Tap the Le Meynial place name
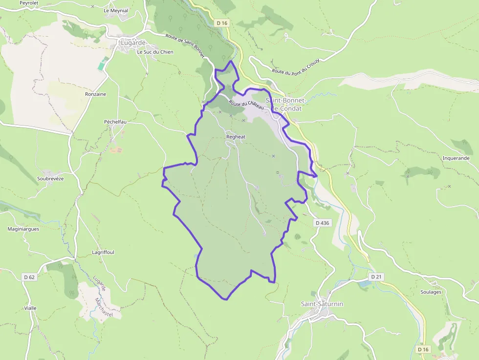(x=116, y=10)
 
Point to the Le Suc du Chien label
(x=155, y=52)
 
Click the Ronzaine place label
(x=95, y=94)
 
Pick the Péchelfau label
(x=115, y=122)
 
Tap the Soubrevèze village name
(x=50, y=178)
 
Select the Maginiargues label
(x=23, y=228)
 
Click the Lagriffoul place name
(x=103, y=252)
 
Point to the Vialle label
(x=30, y=308)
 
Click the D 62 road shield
(x=29, y=277)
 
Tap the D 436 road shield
(x=323, y=222)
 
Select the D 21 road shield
(x=376, y=276)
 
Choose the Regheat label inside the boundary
(x=236, y=137)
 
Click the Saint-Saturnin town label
(x=322, y=304)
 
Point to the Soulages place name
(x=431, y=292)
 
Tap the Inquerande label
(x=456, y=158)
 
